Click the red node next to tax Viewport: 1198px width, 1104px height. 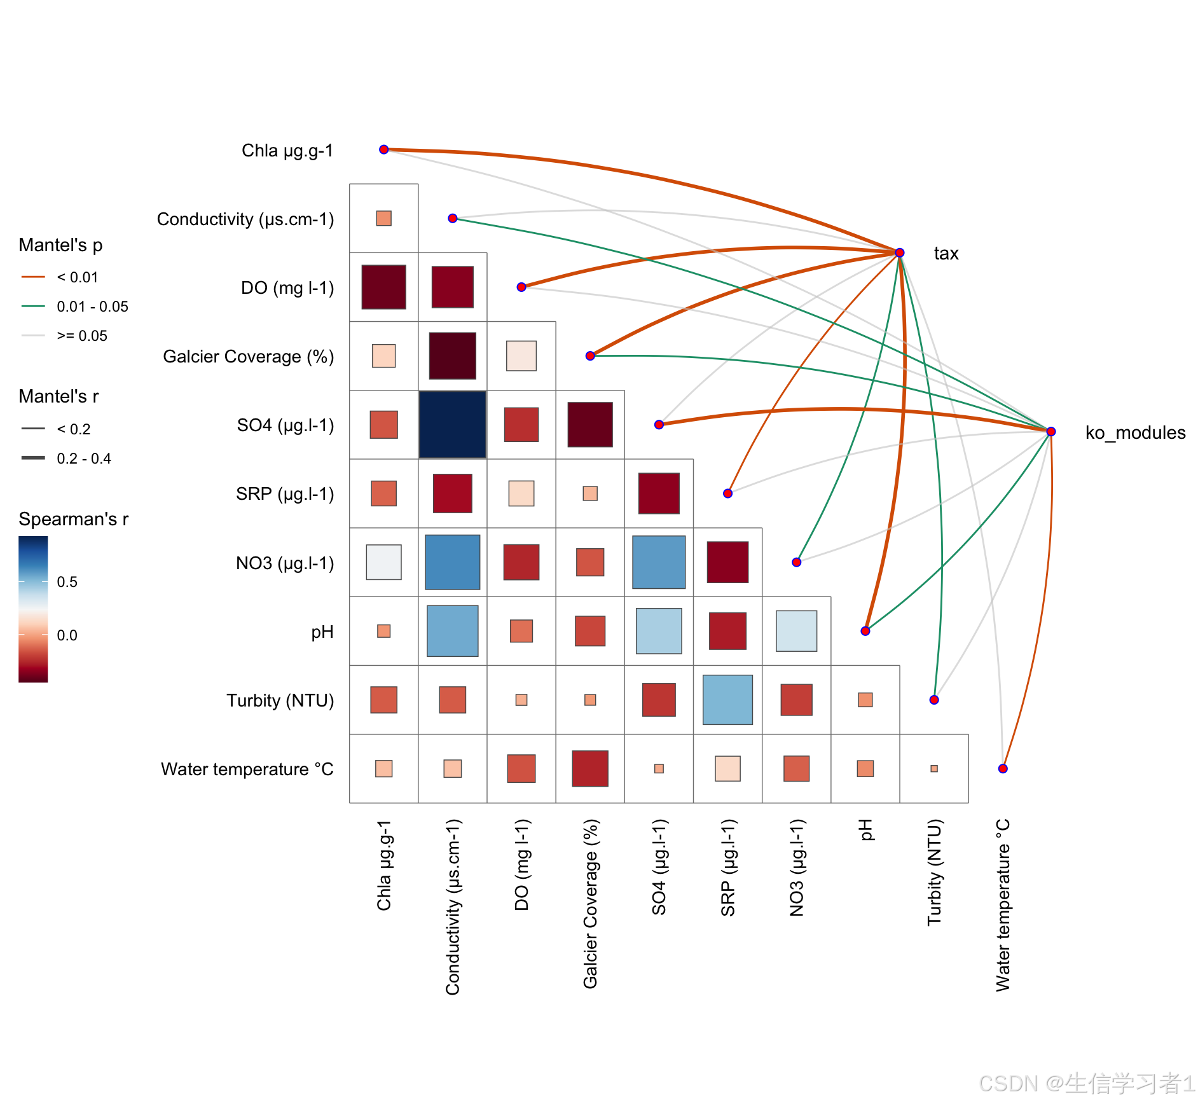click(x=900, y=252)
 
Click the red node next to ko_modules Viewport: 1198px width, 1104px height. click(x=1051, y=431)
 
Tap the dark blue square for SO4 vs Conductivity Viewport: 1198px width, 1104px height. click(x=453, y=424)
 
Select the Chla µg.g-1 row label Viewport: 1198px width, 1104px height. click(x=287, y=151)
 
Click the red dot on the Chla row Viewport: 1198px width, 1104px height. click(x=384, y=149)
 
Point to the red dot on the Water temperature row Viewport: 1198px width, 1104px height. click(x=1003, y=768)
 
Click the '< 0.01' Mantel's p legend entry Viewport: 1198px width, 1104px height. click(x=77, y=277)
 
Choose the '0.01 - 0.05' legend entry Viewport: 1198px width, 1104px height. click(x=92, y=307)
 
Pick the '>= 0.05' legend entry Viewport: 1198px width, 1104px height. click(x=82, y=336)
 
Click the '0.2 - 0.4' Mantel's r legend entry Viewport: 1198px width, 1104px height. click(x=83, y=459)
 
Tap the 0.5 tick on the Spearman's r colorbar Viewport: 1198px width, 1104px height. click(x=67, y=582)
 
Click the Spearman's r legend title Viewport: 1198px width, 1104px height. click(x=73, y=519)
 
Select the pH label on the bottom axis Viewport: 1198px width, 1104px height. click(x=865, y=830)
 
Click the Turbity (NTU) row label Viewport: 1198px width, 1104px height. click(x=280, y=700)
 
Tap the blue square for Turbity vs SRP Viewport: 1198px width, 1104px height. click(x=727, y=700)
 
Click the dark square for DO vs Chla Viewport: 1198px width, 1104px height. click(x=384, y=287)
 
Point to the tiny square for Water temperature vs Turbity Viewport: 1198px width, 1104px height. click(x=934, y=768)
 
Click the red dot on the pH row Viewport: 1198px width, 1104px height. click(x=865, y=631)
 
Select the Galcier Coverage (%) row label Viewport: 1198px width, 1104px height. click(x=248, y=356)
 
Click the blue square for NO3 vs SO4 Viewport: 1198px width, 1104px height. click(x=659, y=562)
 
